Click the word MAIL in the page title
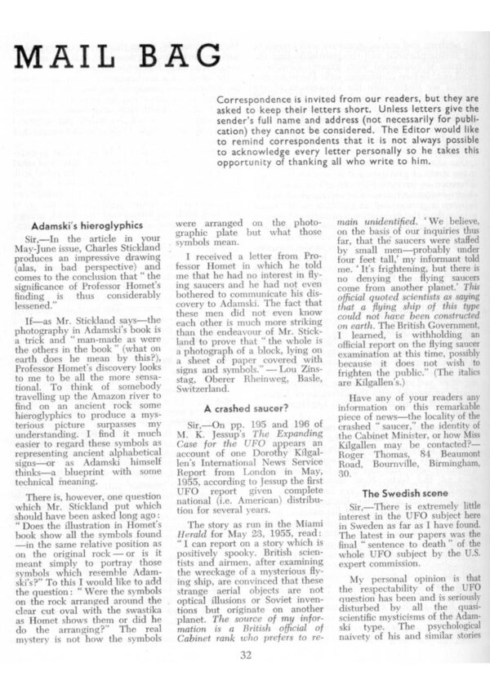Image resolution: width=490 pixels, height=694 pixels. click(69, 56)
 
